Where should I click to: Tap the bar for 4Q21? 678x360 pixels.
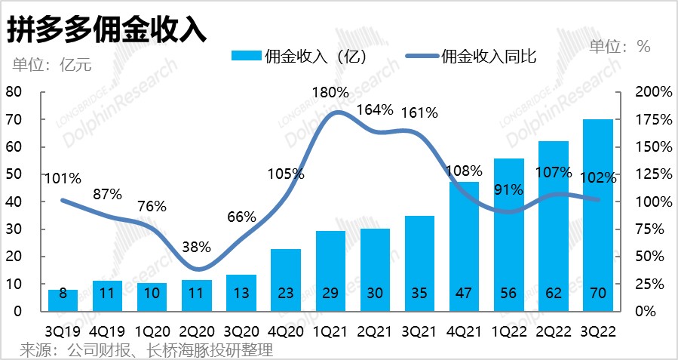coord(464,246)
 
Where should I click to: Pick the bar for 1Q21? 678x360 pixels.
coord(330,271)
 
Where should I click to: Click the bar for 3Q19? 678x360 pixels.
coord(63,300)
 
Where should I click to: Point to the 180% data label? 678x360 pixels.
coord(330,93)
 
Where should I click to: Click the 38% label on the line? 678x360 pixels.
coord(196,247)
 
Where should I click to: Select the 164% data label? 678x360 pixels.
coord(375,109)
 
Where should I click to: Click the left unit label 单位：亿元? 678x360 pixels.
coord(51,64)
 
